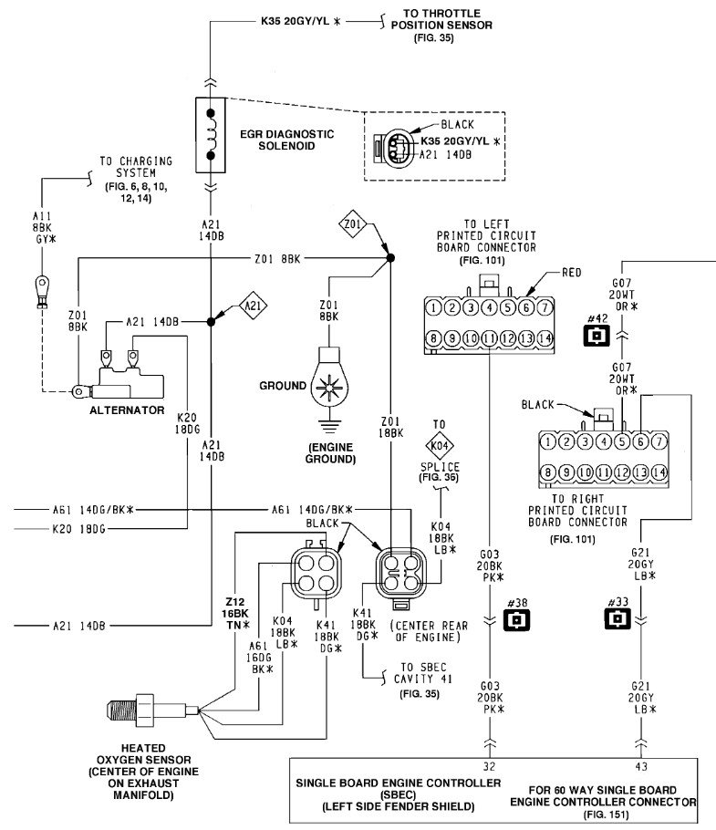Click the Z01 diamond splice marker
[353, 223]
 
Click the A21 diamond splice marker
[253, 306]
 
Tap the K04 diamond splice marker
[440, 446]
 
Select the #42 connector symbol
[597, 335]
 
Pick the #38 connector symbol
[516, 619]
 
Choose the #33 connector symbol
[617, 618]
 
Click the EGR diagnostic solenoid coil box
[211, 134]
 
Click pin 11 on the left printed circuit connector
[490, 337]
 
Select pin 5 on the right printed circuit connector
[622, 441]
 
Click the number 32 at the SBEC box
[489, 766]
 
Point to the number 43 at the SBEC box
[641, 766]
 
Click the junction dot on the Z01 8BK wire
[390, 258]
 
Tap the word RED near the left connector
[572, 273]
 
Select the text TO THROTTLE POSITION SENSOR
[441, 19]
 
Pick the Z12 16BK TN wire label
[235, 614]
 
